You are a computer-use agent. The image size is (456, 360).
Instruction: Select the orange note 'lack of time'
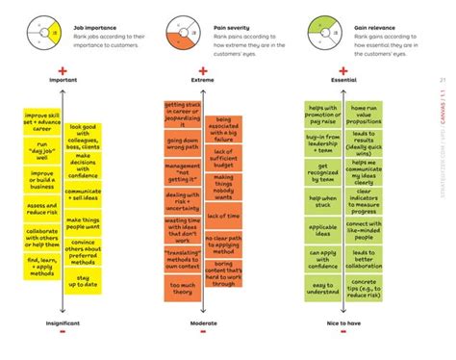coord(223,216)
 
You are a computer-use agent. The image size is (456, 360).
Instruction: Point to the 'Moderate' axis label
coord(203,325)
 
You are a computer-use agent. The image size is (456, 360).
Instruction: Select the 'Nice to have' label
coord(344,325)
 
